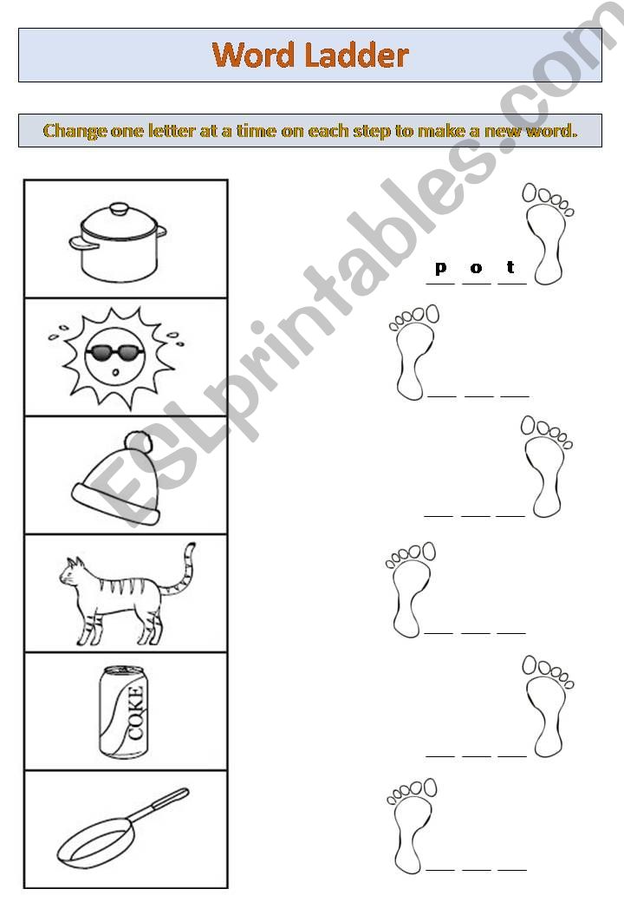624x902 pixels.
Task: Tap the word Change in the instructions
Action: click(75, 132)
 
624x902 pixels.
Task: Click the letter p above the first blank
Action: click(440, 268)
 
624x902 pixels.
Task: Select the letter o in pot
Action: click(476, 268)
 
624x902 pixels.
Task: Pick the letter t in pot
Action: click(511, 267)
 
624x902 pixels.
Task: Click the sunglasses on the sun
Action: click(116, 352)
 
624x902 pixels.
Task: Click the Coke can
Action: click(124, 711)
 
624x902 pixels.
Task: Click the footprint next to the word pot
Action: click(547, 232)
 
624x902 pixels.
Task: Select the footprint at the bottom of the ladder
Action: click(412, 825)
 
